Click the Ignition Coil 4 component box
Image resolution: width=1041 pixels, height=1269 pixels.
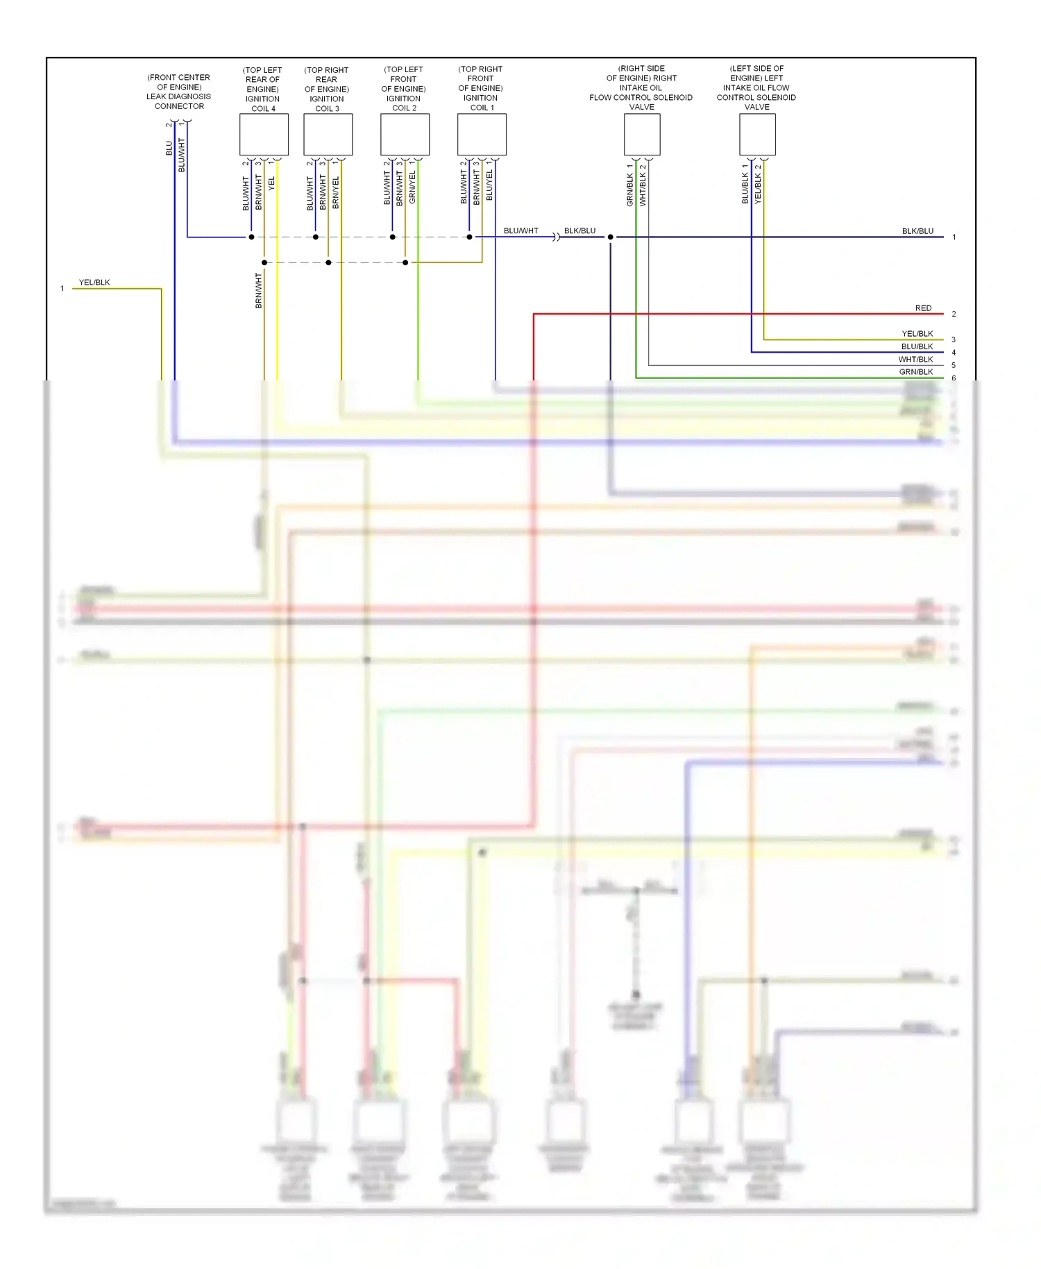click(264, 135)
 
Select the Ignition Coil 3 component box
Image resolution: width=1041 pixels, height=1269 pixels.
click(328, 135)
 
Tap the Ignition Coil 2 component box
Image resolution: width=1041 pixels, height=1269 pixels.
click(405, 135)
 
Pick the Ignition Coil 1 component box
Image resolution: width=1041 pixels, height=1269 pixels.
click(482, 135)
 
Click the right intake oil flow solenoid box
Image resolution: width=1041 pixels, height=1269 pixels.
click(642, 135)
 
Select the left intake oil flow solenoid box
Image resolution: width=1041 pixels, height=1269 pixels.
click(757, 135)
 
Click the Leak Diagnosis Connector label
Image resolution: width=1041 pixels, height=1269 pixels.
click(179, 92)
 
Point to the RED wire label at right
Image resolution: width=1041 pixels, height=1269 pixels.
click(923, 308)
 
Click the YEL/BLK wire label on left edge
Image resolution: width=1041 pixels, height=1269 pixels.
click(94, 283)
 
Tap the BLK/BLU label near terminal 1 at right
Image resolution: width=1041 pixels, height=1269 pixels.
click(917, 231)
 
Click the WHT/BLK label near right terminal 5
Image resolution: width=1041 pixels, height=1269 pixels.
click(915, 360)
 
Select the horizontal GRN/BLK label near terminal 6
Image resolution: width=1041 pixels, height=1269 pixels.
click(915, 372)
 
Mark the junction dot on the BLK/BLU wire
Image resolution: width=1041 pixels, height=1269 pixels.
click(611, 237)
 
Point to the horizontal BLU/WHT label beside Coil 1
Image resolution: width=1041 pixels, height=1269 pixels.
click(520, 231)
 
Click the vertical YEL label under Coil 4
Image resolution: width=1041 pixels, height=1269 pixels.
click(272, 184)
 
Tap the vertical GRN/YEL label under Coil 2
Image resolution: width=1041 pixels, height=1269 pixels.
click(412, 187)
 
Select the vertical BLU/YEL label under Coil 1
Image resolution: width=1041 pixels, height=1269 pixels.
click(489, 185)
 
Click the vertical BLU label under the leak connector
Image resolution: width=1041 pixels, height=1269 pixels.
click(169, 148)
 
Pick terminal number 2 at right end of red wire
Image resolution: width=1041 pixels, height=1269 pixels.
click(954, 314)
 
